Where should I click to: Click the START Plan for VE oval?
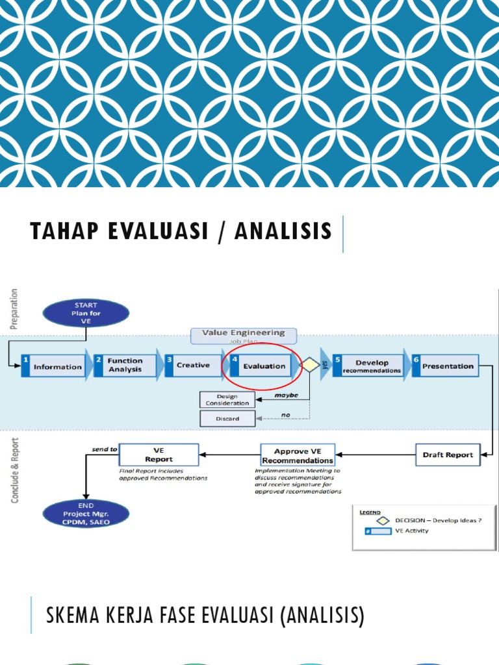click(x=86, y=313)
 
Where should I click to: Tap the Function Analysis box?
click(x=125, y=365)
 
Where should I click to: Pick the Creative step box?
click(x=193, y=366)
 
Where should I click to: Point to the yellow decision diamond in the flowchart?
click(x=310, y=366)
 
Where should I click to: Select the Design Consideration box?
click(x=227, y=399)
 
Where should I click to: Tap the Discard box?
click(x=227, y=419)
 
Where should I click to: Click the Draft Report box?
click(x=448, y=455)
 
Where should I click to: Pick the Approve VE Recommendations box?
click(x=298, y=455)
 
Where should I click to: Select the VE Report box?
click(x=159, y=455)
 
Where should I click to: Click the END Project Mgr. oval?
click(x=86, y=514)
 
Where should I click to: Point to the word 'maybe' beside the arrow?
click(x=286, y=394)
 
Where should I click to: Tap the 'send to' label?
click(x=104, y=449)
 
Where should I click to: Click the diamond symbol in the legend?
click(x=383, y=520)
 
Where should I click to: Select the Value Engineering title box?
click(x=243, y=335)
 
